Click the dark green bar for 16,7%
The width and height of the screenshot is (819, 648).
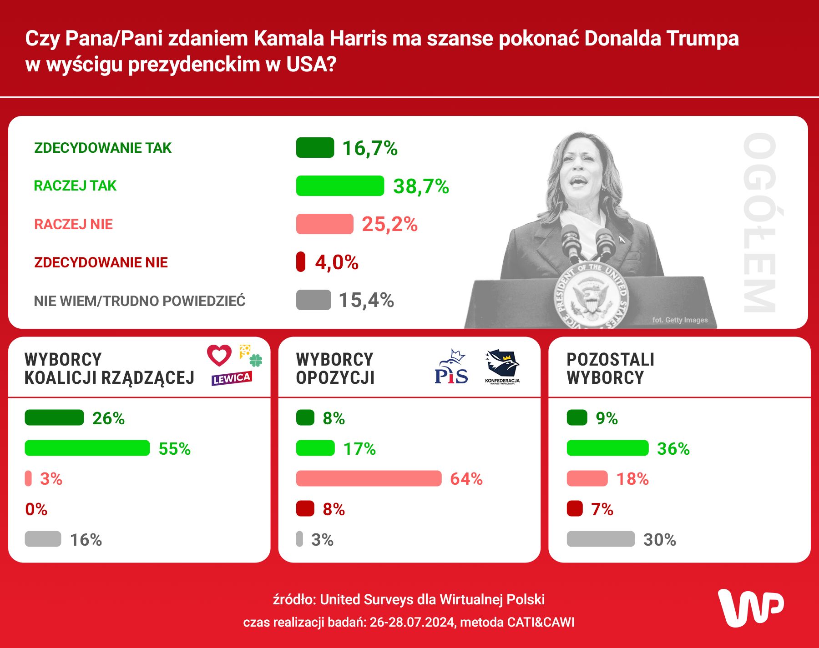point(315,148)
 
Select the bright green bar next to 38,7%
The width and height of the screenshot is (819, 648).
point(340,186)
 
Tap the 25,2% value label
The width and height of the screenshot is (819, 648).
point(389,224)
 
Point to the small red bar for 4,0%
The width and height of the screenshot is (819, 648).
point(300,262)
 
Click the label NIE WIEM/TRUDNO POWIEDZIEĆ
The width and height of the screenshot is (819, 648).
point(140,301)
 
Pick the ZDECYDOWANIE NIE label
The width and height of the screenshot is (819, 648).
point(101,262)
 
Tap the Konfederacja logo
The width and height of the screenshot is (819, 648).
point(502,367)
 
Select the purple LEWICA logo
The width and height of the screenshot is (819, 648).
point(232,378)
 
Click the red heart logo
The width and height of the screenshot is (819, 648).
point(219,355)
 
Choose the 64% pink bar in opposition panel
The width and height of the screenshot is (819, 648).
point(369,478)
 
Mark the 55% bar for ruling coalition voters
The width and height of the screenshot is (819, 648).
point(87,448)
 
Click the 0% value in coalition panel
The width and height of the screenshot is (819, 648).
point(36,509)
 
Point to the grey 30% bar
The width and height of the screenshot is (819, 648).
point(601,539)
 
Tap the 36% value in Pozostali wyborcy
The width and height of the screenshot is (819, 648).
point(673,449)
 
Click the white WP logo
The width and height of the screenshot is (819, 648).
point(751,608)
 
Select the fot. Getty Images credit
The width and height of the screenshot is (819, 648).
point(680,320)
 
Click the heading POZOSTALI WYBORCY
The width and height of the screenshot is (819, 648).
point(610,368)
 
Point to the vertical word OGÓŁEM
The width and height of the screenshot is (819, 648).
point(759,223)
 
